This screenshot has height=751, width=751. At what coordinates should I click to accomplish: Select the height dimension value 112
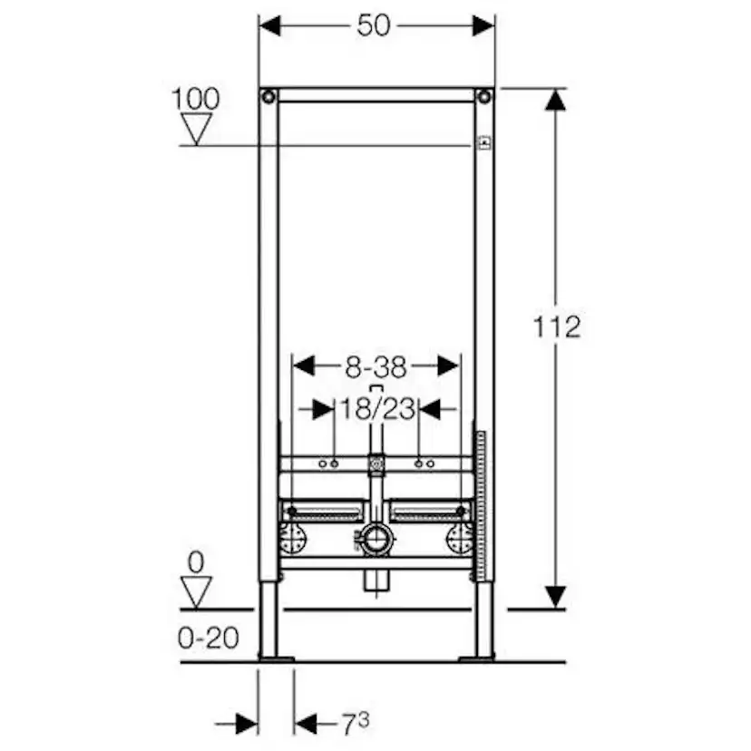tap(557, 327)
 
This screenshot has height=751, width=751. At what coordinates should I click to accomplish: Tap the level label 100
tap(195, 98)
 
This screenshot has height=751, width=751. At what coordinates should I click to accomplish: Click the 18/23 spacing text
tap(377, 410)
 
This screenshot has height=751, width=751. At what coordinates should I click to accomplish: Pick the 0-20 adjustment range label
tap(209, 638)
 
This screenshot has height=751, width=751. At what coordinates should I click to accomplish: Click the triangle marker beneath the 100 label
tap(195, 131)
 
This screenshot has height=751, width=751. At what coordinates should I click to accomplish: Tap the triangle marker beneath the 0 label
tap(196, 593)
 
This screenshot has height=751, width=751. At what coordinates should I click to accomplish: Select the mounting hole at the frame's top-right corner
tap(485, 96)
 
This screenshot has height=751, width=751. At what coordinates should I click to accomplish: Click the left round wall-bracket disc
tap(294, 541)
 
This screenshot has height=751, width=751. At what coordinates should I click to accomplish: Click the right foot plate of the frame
tap(478, 658)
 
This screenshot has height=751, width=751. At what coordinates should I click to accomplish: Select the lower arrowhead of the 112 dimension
tap(556, 597)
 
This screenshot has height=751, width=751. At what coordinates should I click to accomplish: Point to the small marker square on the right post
tap(483, 143)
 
